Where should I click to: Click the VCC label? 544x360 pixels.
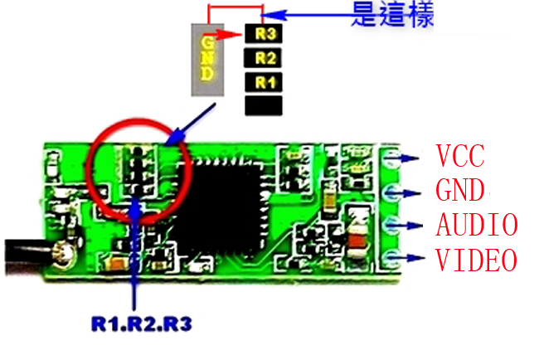(x=459, y=155)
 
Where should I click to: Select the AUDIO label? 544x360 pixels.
(x=476, y=225)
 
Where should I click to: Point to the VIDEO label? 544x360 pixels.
(x=476, y=260)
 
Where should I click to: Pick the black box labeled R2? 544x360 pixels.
(x=264, y=58)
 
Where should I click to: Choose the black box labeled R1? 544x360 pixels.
(x=264, y=82)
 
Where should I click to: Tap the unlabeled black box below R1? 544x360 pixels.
(x=264, y=105)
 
